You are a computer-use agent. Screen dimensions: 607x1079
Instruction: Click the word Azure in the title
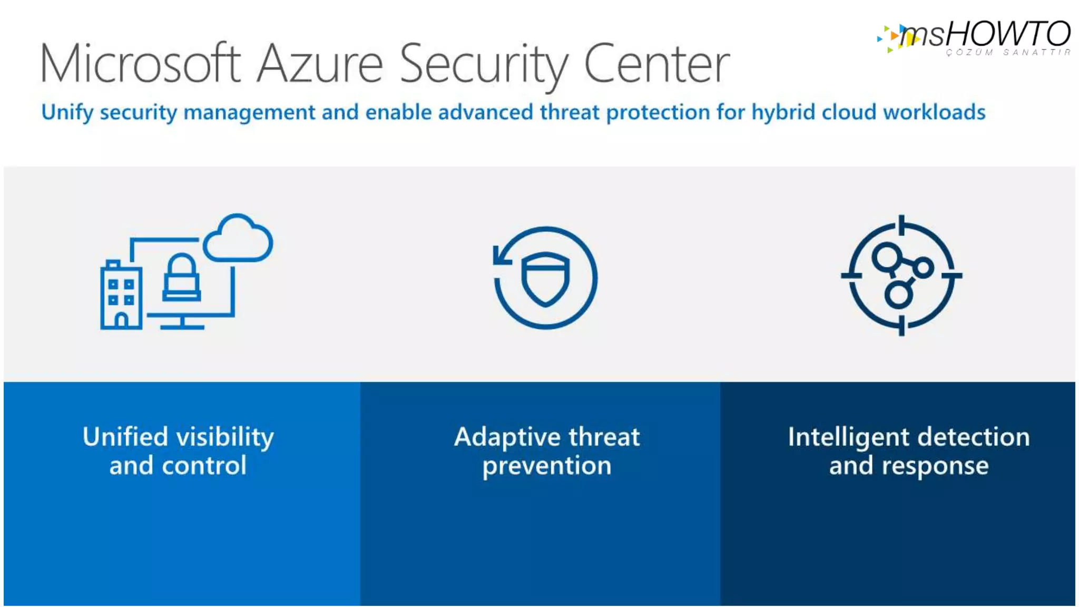[x=320, y=64]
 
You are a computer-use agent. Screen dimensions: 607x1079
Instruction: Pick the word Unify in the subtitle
[x=67, y=112]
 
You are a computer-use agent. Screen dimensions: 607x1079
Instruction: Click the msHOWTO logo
[x=975, y=37]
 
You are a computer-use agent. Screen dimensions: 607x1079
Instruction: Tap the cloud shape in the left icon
[x=238, y=240]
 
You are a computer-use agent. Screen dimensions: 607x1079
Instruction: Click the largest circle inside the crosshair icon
[x=887, y=257]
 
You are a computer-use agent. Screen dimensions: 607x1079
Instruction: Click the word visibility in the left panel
[x=225, y=437]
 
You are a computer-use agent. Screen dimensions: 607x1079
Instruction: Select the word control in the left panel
[x=204, y=466]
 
